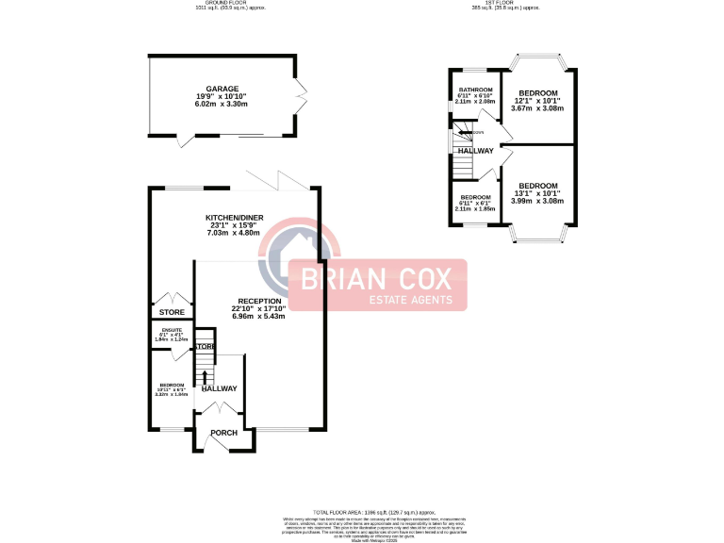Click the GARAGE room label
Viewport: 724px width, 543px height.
(223, 88)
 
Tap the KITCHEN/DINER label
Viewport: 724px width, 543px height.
(235, 218)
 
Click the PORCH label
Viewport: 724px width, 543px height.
(223, 433)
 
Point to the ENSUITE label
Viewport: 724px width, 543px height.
(172, 330)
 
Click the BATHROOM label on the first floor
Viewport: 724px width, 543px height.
(476, 90)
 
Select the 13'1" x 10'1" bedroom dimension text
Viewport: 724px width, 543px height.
(537, 193)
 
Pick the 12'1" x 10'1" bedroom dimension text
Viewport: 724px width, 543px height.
(538, 101)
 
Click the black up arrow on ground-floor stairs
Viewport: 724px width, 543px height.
(204, 378)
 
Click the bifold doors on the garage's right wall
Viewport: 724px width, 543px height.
(302, 93)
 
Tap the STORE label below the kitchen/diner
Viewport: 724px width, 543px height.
(172, 312)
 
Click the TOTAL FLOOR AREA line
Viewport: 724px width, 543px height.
(361, 508)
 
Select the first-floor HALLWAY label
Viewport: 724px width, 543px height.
(476, 151)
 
